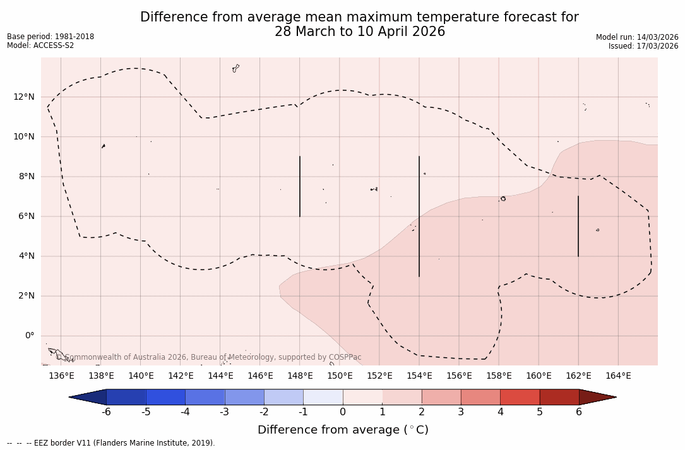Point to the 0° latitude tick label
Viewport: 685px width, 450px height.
click(29, 336)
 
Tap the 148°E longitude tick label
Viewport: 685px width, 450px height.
click(300, 376)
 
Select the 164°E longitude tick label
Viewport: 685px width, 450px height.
click(618, 376)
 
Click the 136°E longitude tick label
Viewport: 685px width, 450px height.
click(61, 376)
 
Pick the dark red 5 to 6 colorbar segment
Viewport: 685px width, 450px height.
click(559, 397)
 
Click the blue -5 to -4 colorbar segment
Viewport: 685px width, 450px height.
click(166, 397)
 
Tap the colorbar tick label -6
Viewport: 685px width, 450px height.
click(106, 412)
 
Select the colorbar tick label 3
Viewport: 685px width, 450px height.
click(461, 412)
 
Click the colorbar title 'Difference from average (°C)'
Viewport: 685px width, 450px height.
click(343, 430)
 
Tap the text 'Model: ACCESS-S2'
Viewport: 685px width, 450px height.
click(40, 45)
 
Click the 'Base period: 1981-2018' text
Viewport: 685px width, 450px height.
click(51, 37)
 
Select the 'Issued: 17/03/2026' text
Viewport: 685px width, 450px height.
click(643, 46)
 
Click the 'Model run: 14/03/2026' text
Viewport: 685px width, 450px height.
click(637, 37)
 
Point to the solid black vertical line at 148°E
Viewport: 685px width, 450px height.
click(300, 186)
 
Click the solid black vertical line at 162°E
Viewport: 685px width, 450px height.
click(578, 226)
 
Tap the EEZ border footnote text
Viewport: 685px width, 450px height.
click(111, 443)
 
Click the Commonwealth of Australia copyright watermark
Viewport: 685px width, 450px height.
click(209, 357)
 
